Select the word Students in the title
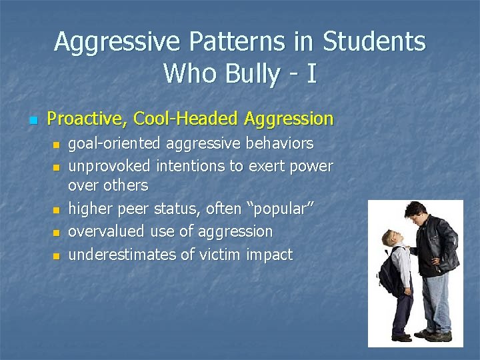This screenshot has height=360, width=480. pyautogui.click(x=374, y=41)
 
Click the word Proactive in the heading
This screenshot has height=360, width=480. pyautogui.click(x=87, y=119)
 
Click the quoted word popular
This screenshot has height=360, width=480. pyautogui.click(x=281, y=209)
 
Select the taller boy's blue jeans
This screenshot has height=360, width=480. pyautogui.click(x=437, y=300)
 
